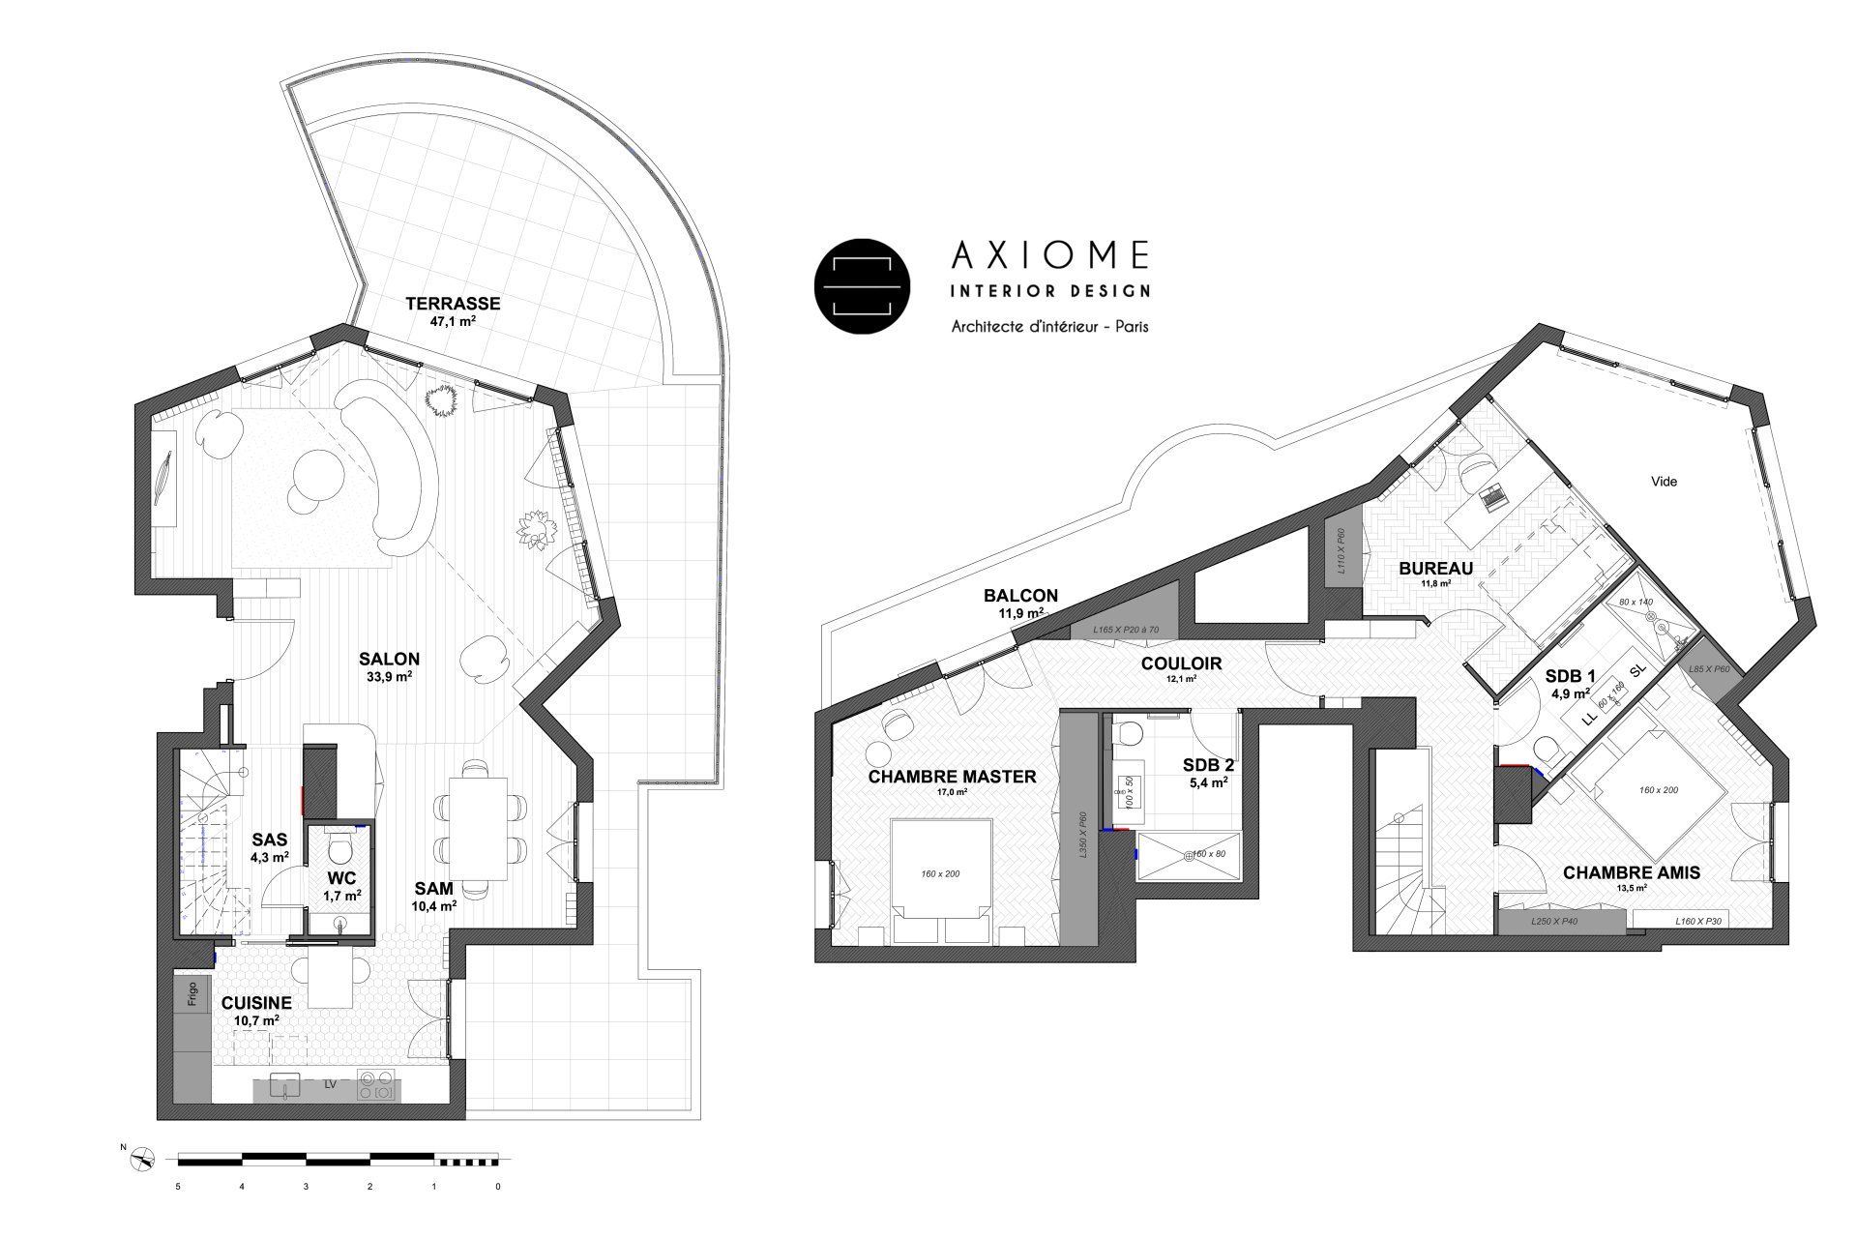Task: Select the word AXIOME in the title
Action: pyautogui.click(x=1050, y=254)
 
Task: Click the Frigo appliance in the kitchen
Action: pyautogui.click(x=192, y=994)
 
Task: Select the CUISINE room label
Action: pyautogui.click(x=256, y=1004)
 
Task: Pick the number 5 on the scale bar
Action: pyautogui.click(x=178, y=1185)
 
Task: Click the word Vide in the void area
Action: pyautogui.click(x=1664, y=481)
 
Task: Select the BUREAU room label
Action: pyautogui.click(x=1435, y=569)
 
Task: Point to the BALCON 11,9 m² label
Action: pyautogui.click(x=1020, y=596)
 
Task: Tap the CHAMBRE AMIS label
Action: pyautogui.click(x=1631, y=872)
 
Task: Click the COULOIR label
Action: pyautogui.click(x=1181, y=663)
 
